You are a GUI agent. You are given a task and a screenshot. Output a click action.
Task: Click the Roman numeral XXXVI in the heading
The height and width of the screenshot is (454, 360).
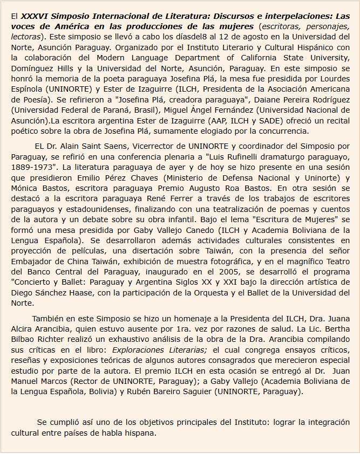coord(37,16)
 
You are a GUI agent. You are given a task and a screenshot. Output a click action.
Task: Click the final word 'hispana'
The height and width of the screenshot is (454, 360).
coord(142,433)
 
